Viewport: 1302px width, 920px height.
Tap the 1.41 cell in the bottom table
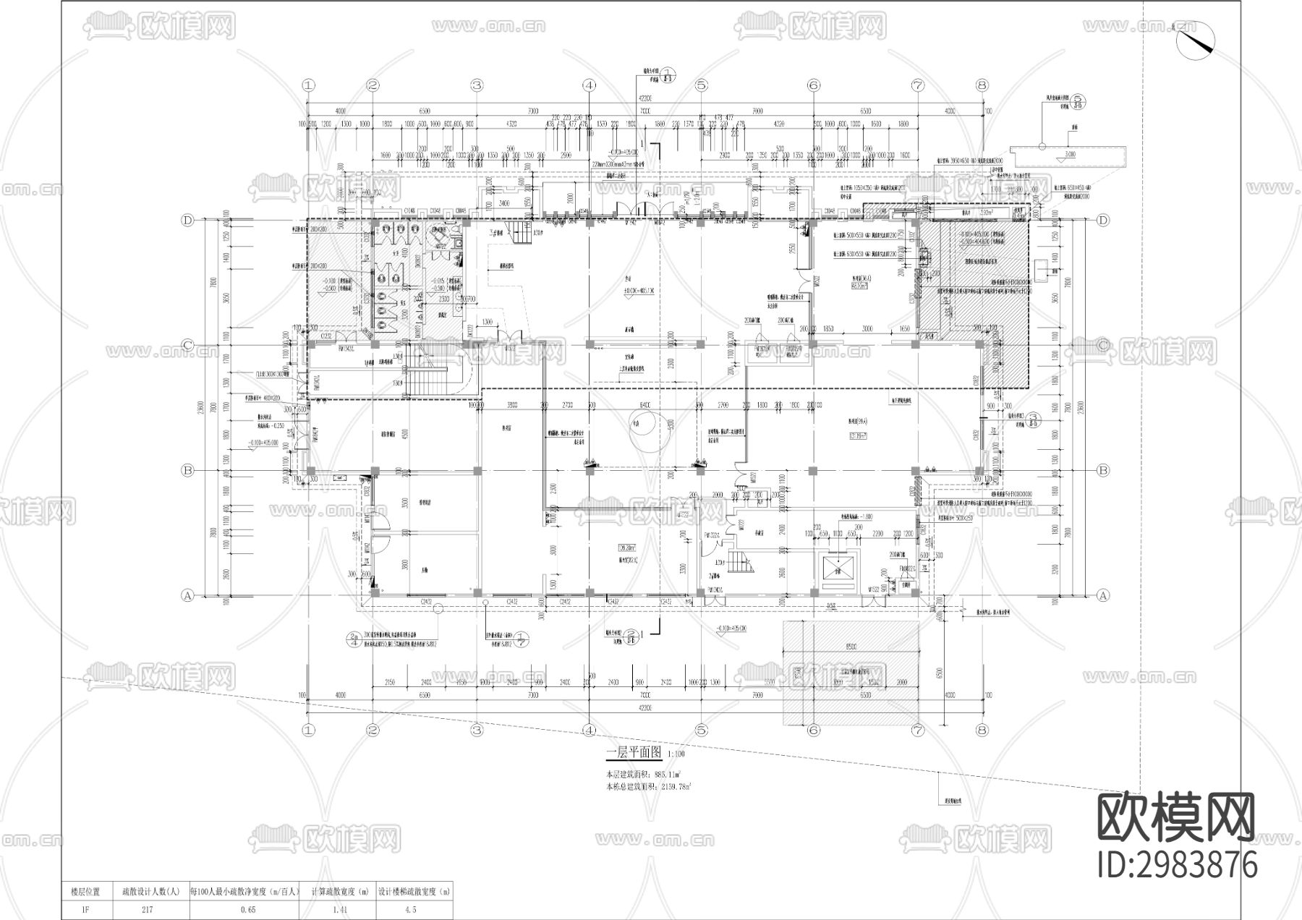(338, 911)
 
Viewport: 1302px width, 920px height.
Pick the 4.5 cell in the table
(414, 911)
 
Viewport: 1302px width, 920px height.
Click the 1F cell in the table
(85, 911)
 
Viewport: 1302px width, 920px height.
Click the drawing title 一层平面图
(634, 753)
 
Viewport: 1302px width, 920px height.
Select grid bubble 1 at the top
(310, 85)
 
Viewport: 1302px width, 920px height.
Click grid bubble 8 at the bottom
(982, 730)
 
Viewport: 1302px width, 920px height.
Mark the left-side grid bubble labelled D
(188, 221)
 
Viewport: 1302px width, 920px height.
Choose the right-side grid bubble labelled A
(1103, 595)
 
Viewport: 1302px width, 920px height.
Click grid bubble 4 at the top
(589, 85)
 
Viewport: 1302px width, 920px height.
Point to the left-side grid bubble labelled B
(188, 471)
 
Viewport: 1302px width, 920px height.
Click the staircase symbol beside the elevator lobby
(739, 562)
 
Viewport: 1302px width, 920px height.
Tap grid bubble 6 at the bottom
(813, 730)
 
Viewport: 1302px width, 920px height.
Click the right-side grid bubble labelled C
(1103, 346)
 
